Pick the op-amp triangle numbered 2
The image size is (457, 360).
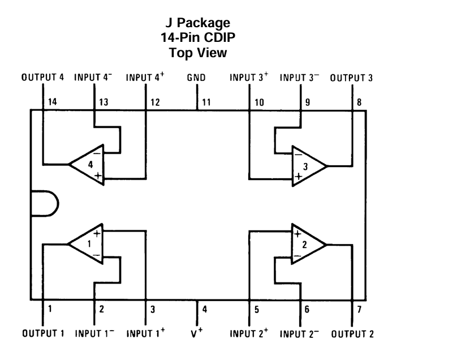tap(306, 244)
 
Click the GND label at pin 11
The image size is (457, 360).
tap(197, 78)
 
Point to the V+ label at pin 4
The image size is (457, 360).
tap(197, 333)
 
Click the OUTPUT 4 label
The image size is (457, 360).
tap(43, 78)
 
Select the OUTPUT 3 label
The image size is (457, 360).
tap(352, 78)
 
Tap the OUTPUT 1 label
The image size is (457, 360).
tap(43, 333)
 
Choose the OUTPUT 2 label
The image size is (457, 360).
tap(352, 333)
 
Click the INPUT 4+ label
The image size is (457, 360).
tap(145, 77)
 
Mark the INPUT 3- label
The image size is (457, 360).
tap(300, 77)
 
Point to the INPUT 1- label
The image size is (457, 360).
tap(95, 333)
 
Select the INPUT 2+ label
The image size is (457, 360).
tap(249, 333)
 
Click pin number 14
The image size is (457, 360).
tap(53, 102)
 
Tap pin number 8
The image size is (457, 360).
tap(359, 102)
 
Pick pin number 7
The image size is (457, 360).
tap(359, 310)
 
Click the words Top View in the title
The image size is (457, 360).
tap(197, 53)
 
